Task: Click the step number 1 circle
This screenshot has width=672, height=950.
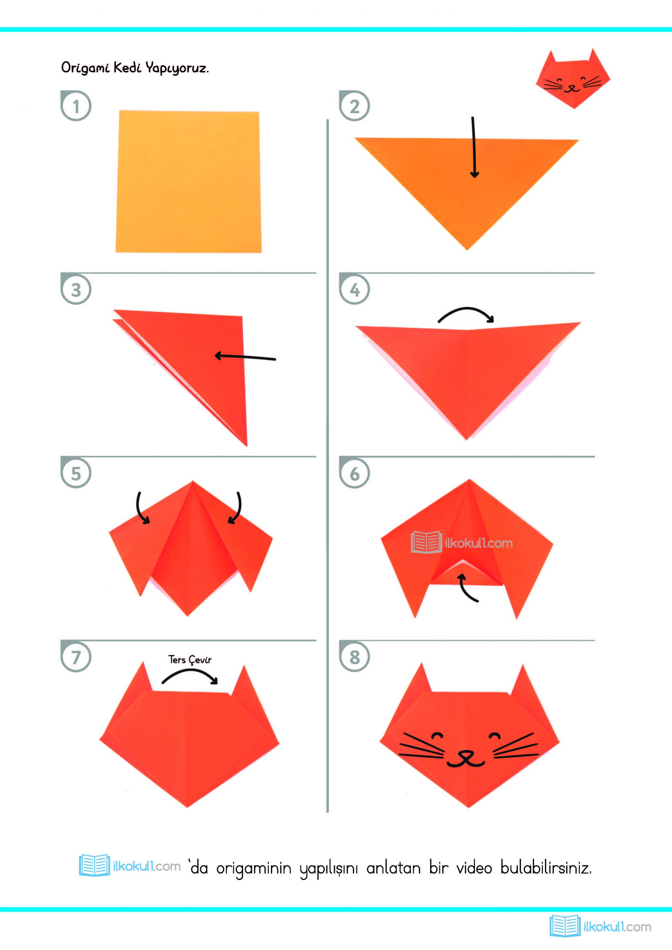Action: pyautogui.click(x=76, y=106)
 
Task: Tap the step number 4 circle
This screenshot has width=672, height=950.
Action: pyautogui.click(x=355, y=289)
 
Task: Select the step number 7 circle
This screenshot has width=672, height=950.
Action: pyautogui.click(x=76, y=657)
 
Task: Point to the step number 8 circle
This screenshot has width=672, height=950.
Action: pyautogui.click(x=355, y=657)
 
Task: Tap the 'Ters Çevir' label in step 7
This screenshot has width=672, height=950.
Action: pyautogui.click(x=190, y=659)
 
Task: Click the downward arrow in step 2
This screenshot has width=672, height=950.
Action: pyautogui.click(x=474, y=147)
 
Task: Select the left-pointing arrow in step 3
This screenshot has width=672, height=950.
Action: pyautogui.click(x=245, y=357)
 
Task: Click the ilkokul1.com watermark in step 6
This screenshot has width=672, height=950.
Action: pyautogui.click(x=461, y=543)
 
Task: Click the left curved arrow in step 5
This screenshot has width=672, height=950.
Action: pyautogui.click(x=143, y=508)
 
